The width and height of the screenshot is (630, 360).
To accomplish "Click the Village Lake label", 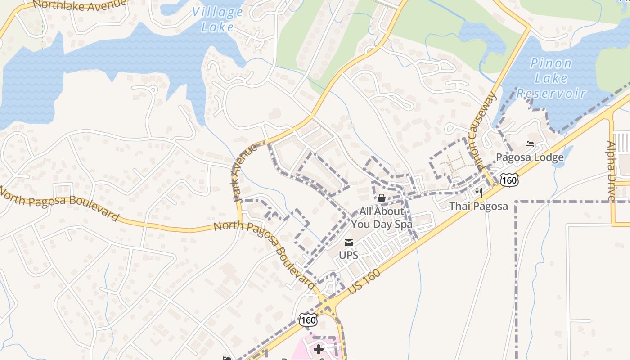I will click(218, 19).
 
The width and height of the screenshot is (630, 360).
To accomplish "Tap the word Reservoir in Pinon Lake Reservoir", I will click(551, 94).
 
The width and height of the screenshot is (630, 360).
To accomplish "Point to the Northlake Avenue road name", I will click(79, 4).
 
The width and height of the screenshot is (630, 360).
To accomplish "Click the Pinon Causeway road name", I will click(482, 130).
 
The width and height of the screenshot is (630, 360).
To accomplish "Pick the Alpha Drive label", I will click(611, 171).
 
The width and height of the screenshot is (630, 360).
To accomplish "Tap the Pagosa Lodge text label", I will click(530, 157).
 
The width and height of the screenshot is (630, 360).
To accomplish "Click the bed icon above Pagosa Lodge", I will click(530, 144).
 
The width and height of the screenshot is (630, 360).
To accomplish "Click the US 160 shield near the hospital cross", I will click(308, 320).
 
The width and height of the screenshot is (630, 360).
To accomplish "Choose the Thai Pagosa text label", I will click(479, 207).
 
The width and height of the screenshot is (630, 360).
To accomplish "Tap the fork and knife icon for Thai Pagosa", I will click(479, 193).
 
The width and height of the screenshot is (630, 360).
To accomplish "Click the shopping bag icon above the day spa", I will click(381, 198).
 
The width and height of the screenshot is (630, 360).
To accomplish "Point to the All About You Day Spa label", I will click(382, 218).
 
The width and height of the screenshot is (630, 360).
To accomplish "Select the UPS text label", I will click(348, 256).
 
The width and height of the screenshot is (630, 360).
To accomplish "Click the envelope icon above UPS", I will click(348, 243).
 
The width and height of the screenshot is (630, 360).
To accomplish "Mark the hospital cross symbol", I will click(319, 349).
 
